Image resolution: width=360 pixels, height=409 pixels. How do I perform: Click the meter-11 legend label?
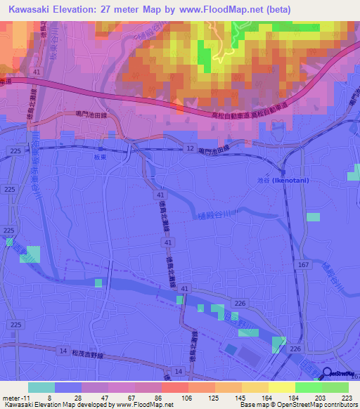pyautogui.click(x=15, y=397)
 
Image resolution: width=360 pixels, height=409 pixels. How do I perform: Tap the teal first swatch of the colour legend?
pyautogui.click(x=41, y=387)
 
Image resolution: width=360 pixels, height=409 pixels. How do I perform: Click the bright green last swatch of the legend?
pyautogui.click(x=335, y=387)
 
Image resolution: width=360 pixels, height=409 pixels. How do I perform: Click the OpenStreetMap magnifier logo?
pyautogui.click(x=328, y=373)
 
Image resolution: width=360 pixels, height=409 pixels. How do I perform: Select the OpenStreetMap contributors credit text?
pyautogui.click(x=309, y=405)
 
